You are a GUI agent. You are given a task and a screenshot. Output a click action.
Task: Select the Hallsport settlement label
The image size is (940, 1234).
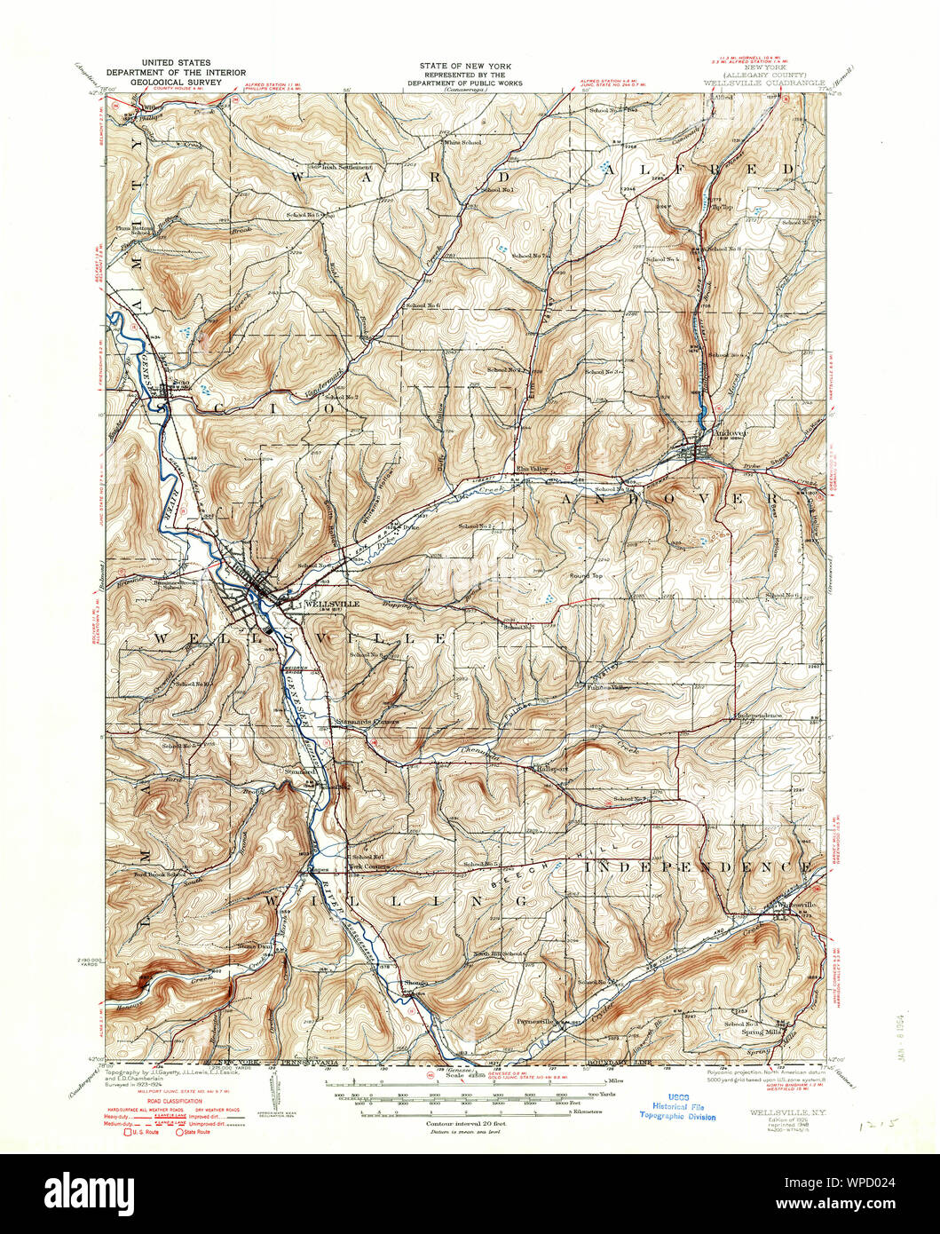(552, 769)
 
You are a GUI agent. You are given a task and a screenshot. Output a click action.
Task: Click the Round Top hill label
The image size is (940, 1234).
(586, 576)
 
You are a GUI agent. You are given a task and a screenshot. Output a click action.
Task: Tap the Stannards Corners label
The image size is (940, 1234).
(367, 722)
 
